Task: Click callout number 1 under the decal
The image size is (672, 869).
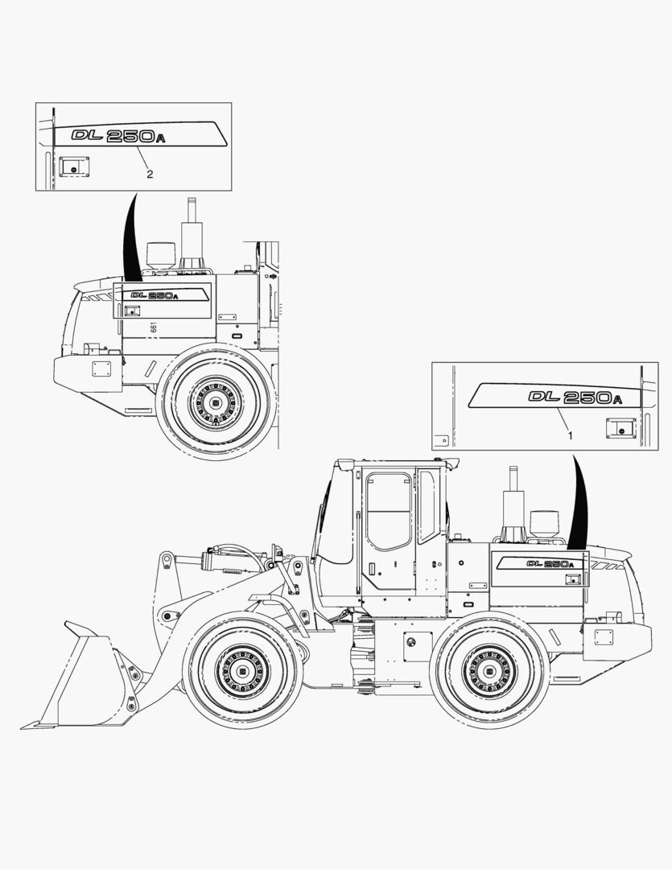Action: click(x=571, y=435)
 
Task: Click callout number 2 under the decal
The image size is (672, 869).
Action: click(x=149, y=173)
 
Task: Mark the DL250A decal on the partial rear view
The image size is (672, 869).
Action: click(x=154, y=295)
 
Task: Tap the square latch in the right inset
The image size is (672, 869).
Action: click(x=620, y=428)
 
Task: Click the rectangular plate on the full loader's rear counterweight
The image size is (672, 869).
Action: click(x=603, y=637)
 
